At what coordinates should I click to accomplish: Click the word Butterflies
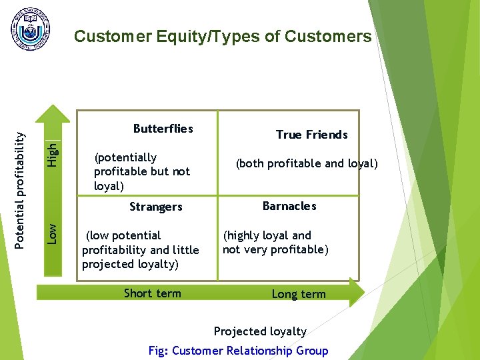[163, 129]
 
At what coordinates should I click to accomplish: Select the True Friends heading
[311, 135]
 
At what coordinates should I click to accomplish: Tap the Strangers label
[155, 207]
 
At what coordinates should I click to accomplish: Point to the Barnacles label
[289, 206]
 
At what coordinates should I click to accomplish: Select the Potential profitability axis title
[21, 190]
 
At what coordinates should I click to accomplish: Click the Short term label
[152, 293]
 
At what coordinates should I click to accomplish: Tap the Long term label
[299, 294]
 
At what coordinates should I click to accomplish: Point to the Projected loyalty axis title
[260, 331]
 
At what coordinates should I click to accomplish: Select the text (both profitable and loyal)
[307, 163]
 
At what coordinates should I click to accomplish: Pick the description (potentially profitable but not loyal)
[141, 171]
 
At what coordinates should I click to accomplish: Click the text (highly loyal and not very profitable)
[275, 243]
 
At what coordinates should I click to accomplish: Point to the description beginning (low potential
[140, 250]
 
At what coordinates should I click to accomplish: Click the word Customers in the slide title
[328, 37]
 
